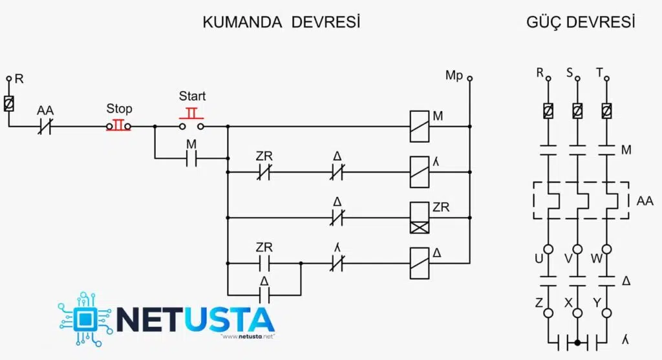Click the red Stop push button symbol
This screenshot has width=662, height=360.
119,126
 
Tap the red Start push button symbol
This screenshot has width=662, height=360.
191,120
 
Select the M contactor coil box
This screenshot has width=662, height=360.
420,126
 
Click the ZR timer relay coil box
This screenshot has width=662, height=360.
420,218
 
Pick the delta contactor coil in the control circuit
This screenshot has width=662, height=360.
420,263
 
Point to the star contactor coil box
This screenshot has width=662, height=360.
420,172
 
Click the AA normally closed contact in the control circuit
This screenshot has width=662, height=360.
45,126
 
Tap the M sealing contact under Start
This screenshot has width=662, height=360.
191,159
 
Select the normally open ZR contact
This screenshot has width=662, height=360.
264,263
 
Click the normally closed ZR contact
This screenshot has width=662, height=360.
264,172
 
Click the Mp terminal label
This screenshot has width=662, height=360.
454,76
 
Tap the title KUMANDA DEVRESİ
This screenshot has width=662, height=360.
281,22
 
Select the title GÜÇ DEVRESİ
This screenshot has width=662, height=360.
581,21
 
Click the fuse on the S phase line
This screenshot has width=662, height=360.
577,111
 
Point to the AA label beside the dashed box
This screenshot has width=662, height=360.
645,201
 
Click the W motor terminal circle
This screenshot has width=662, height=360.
606,249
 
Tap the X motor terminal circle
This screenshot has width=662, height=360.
577,313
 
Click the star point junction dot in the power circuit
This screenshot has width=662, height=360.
577,343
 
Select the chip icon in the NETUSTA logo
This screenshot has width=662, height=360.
85,319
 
